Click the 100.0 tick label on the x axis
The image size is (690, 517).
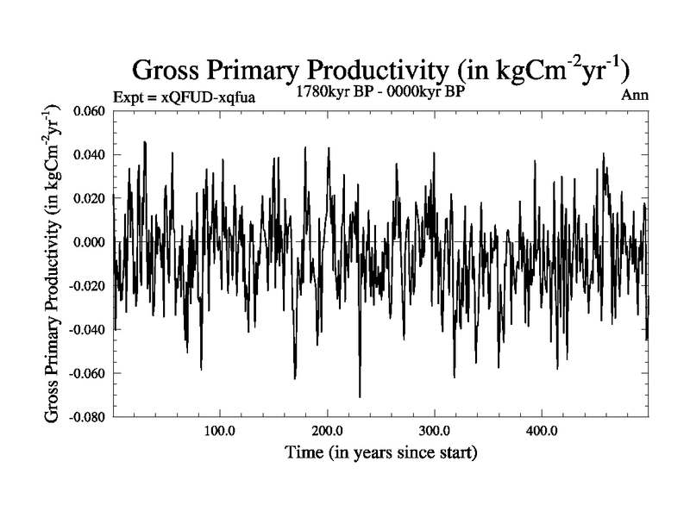(220, 431)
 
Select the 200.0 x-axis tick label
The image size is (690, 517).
(327, 431)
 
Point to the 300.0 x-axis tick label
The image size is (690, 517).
(434, 431)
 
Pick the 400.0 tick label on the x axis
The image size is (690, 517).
(541, 431)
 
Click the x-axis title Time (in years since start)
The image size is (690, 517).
(380, 452)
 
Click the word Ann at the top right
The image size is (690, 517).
(634, 95)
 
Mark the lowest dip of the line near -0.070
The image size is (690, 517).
(360, 396)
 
